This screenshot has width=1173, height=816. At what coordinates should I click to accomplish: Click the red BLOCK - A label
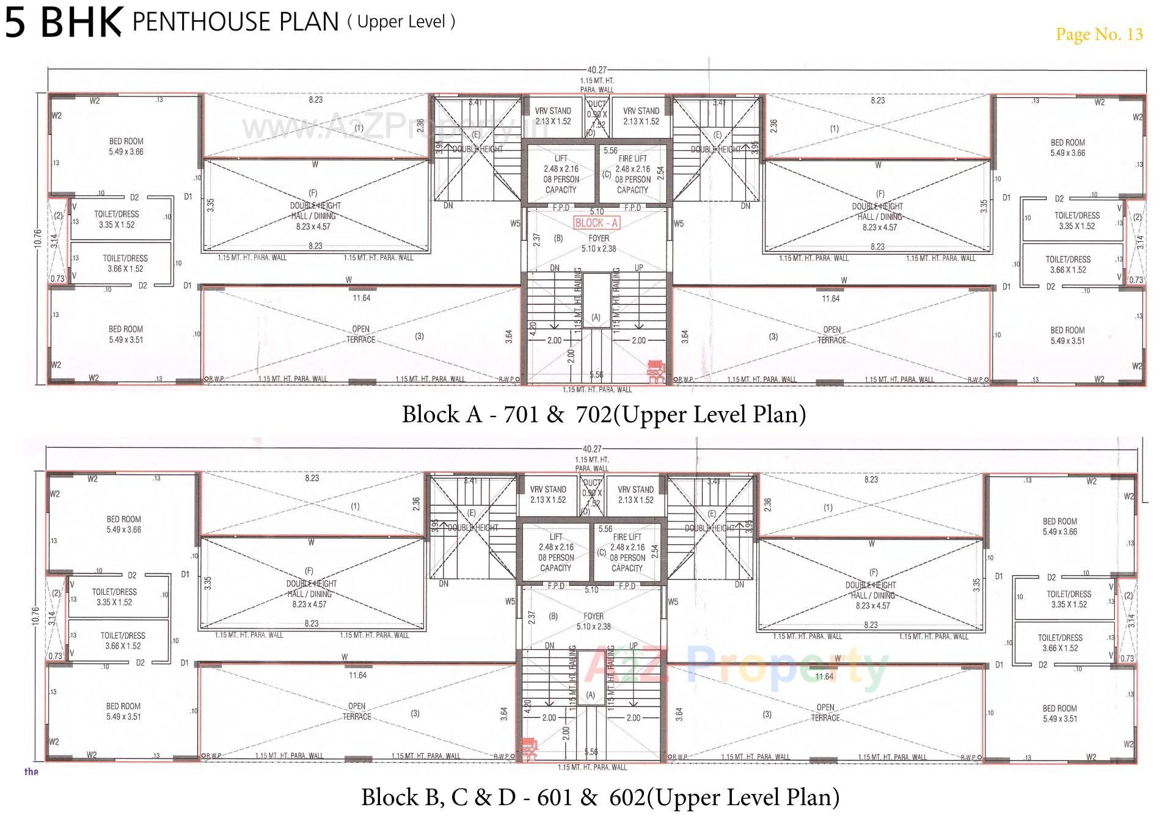pyautogui.click(x=596, y=223)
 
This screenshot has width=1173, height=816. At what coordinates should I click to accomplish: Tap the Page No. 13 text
pyautogui.click(x=1098, y=34)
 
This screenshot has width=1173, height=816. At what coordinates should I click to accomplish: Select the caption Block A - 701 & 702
pyautogui.click(x=604, y=414)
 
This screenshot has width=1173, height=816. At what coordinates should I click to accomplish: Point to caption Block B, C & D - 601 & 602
pyautogui.click(x=600, y=797)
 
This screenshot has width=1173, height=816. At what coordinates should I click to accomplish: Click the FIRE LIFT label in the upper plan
pyautogui.click(x=632, y=159)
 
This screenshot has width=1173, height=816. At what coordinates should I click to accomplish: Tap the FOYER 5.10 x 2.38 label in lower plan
pyautogui.click(x=593, y=621)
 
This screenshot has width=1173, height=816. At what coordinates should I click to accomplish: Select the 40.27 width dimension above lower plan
pyautogui.click(x=592, y=449)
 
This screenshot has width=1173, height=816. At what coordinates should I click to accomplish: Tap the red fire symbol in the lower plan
pyautogui.click(x=528, y=748)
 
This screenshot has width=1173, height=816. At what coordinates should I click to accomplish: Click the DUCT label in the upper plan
pyautogui.click(x=597, y=104)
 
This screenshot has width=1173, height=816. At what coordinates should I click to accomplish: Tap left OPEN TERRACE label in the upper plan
pyautogui.click(x=360, y=334)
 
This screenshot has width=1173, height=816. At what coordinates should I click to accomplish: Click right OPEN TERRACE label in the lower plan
pyautogui.click(x=825, y=712)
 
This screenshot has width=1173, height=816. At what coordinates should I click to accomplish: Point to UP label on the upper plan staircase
pyautogui.click(x=638, y=268)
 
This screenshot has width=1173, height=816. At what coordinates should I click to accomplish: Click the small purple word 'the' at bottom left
pyautogui.click(x=31, y=771)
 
